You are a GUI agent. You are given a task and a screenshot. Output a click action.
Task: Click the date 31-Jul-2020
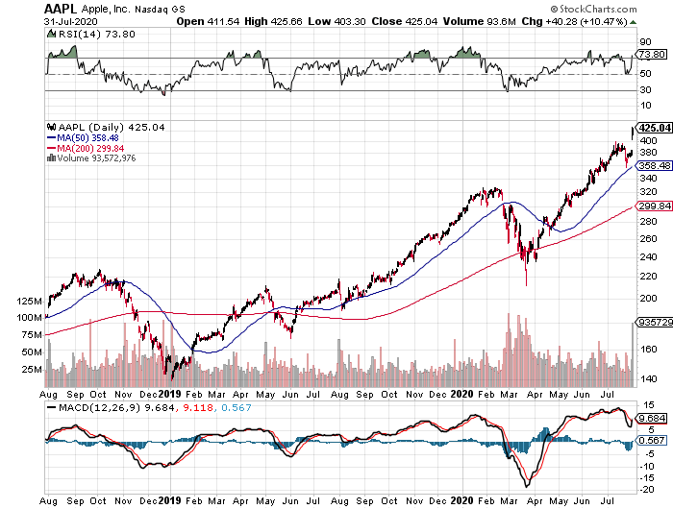tap(74, 24)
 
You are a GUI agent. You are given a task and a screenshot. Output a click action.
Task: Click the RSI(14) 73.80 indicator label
tap(81, 35)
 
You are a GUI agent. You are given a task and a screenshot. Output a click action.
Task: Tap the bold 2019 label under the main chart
tap(169, 393)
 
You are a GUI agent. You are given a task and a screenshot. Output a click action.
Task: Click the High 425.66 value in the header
tap(310, 24)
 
